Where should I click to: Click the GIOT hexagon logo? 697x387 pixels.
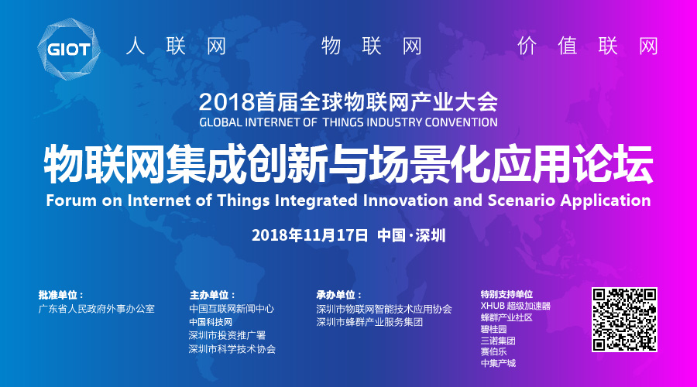point(69,50)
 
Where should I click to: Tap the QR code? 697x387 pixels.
point(624,320)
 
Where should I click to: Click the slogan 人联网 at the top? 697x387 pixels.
point(177,46)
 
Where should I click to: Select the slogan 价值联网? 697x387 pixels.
point(587,46)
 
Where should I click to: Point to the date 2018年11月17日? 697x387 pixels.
point(310,235)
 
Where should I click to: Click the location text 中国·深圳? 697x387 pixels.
point(411,235)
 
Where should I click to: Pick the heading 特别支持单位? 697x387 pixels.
point(506,294)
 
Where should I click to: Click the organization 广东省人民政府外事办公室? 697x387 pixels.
point(97,309)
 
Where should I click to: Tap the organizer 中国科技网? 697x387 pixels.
point(211,322)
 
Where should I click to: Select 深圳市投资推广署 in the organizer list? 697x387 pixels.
point(227,335)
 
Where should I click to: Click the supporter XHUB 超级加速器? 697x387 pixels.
point(516,307)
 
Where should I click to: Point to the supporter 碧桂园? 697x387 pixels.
point(494,329)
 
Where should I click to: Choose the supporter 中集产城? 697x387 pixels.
point(498,363)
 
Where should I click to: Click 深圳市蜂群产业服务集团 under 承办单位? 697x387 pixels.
point(370,322)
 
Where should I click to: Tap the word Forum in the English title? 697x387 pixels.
point(71,200)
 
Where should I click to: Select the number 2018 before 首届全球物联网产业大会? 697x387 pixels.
point(226,103)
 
